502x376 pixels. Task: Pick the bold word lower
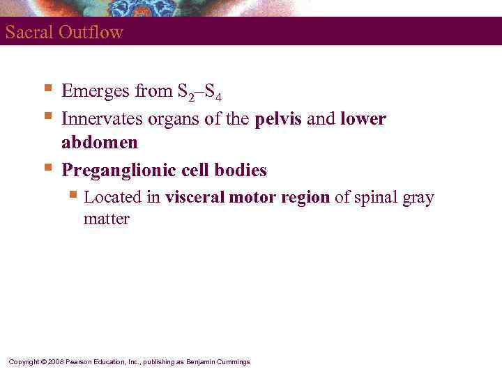tap(363, 119)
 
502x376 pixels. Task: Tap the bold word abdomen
tap(100, 143)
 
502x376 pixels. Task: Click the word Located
tap(112, 198)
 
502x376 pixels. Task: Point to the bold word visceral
tap(194, 198)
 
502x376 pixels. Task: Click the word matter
tap(107, 219)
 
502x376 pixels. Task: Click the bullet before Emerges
tap(47, 89)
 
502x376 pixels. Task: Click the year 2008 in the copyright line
tap(57, 362)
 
